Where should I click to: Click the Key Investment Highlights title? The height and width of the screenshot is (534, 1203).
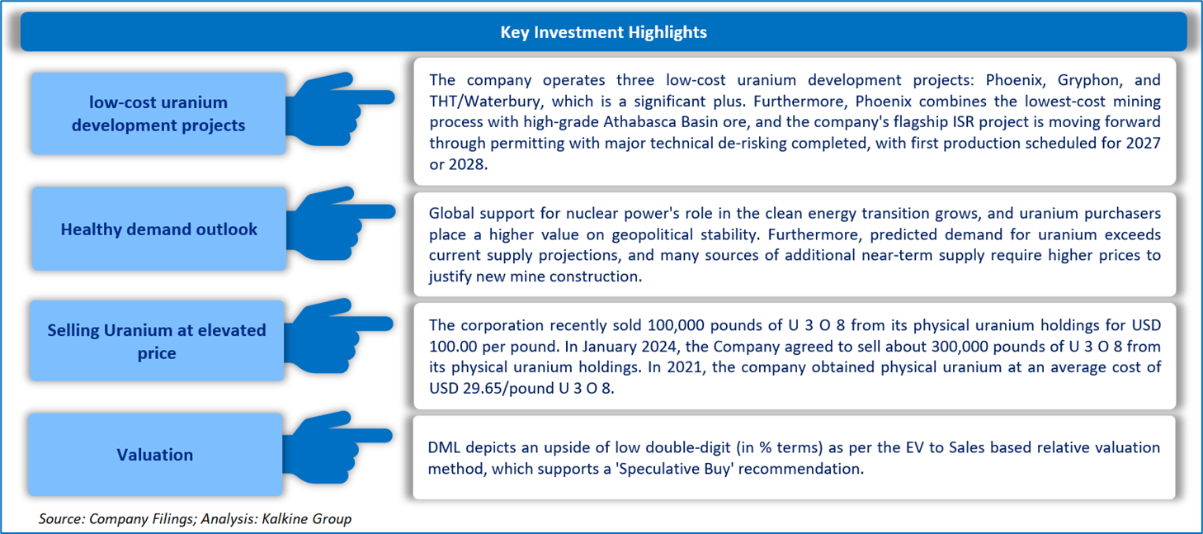603,32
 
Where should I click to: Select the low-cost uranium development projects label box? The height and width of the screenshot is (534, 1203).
158,114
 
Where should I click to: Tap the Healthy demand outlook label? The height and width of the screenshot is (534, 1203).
158,229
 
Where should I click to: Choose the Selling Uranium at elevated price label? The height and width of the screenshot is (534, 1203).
157,341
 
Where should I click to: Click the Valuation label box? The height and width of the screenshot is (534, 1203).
155,455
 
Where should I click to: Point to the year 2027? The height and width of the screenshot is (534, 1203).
1144,143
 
